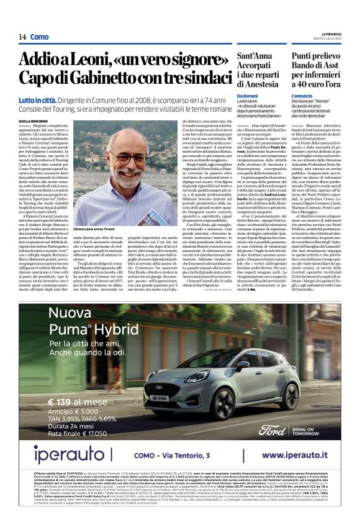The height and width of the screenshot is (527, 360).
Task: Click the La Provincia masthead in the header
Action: [330, 33]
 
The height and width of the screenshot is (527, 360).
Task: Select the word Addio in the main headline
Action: [40, 60]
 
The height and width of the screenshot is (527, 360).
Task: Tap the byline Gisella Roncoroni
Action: [33, 121]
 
